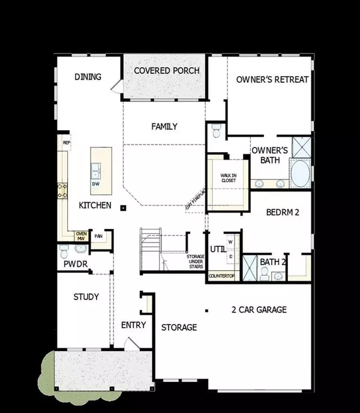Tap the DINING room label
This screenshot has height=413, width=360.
click(88, 77)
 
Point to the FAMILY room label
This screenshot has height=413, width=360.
click(164, 126)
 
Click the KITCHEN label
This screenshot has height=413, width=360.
click(95, 205)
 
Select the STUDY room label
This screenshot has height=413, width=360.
click(86, 297)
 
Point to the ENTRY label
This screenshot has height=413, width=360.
click(133, 325)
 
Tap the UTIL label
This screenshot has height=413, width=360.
click(217, 249)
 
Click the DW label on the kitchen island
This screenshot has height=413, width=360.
click(95, 185)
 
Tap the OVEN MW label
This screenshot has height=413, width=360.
click(81, 236)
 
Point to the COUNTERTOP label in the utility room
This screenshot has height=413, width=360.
click(221, 276)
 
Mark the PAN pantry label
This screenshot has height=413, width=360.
click(98, 236)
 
